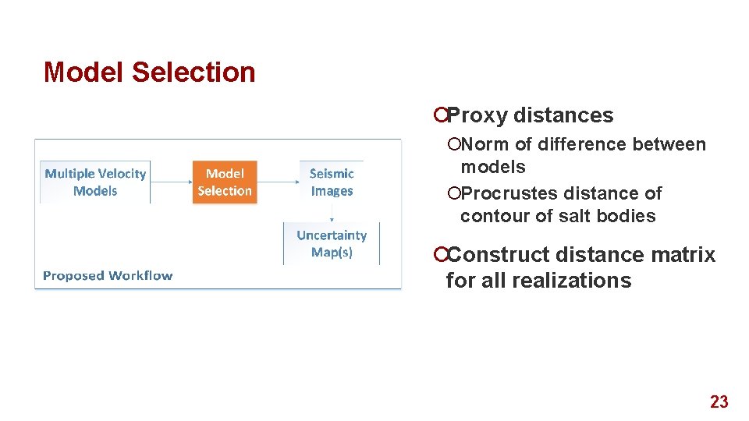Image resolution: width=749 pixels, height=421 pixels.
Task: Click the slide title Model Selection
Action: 150,72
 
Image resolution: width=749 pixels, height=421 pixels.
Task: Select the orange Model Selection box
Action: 225,182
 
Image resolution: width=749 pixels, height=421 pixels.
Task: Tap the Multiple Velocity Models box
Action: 95,182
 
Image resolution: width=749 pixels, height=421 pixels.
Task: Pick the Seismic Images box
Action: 332,182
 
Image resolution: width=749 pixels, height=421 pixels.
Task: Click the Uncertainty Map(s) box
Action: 332,243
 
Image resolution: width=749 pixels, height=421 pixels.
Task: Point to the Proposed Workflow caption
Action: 108,275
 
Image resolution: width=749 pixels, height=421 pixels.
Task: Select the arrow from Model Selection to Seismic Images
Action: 277,182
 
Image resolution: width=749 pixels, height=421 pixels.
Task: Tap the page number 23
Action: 719,402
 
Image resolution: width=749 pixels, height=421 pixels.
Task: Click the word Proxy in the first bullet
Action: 477,115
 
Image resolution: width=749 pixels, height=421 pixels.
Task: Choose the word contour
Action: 488,216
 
